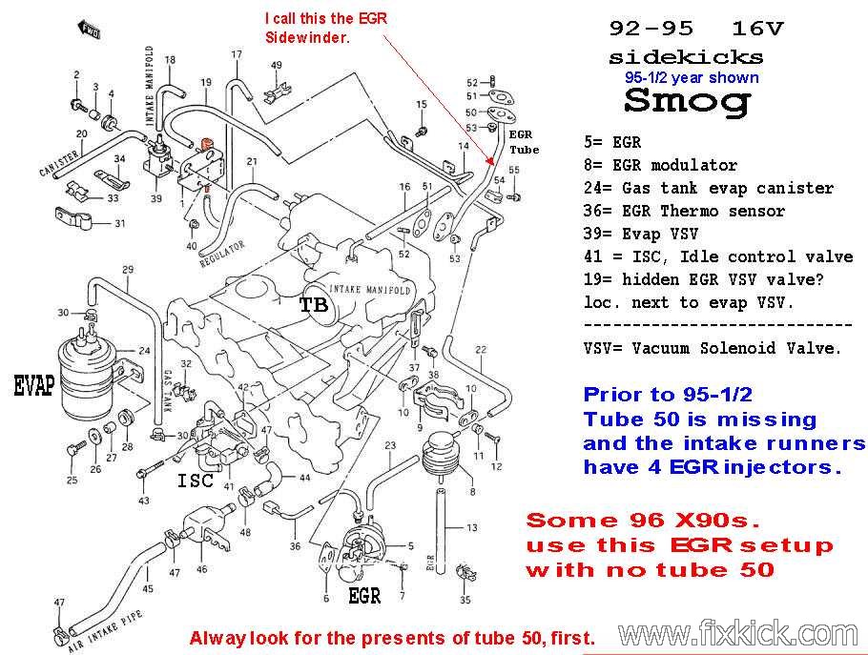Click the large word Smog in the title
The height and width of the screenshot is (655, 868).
click(688, 102)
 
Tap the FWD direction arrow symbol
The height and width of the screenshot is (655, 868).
click(89, 30)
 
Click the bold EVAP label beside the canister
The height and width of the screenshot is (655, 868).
click(34, 385)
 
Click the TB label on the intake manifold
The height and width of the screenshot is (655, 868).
click(313, 305)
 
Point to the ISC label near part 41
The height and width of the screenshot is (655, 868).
click(196, 481)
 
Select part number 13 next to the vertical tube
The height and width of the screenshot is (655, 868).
click(471, 528)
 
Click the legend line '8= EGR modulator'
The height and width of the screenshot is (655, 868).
click(660, 165)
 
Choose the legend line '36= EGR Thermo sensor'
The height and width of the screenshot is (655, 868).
click(684, 211)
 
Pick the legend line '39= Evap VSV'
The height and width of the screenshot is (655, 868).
click(640, 234)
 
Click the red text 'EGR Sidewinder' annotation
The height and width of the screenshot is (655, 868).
click(326, 28)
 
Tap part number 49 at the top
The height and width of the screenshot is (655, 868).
click(277, 65)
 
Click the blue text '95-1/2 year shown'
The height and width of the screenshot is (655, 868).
click(692, 77)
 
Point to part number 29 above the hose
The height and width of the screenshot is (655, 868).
click(128, 270)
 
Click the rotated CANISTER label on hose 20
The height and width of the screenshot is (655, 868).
click(58, 164)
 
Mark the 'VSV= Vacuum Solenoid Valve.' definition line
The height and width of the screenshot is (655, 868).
click(713, 348)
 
